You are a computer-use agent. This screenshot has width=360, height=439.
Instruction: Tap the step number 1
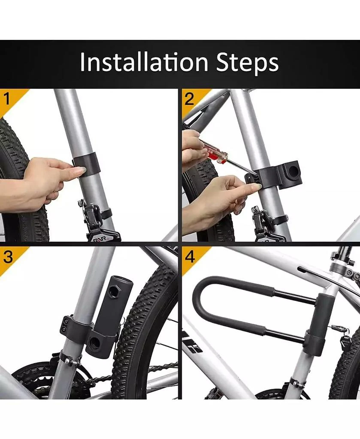click(x=7, y=99)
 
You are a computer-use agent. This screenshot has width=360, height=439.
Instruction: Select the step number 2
click(x=189, y=99)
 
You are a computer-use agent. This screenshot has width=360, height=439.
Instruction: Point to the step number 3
click(x=8, y=257)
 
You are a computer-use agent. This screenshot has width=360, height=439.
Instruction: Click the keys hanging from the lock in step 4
click(x=343, y=338)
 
